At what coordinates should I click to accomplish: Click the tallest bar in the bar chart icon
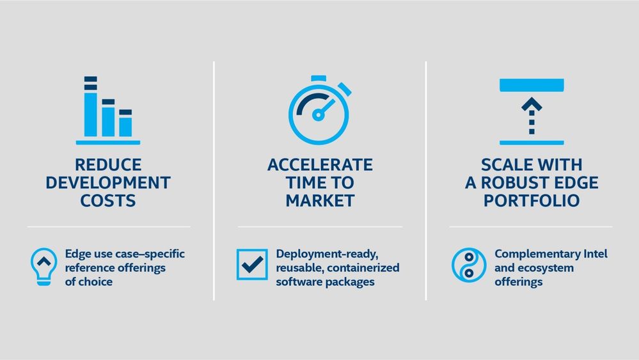click(x=90, y=106)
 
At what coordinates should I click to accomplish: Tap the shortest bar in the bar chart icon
click(x=125, y=123)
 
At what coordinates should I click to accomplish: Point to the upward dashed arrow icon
click(x=532, y=116)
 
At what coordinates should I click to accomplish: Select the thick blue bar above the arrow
click(x=532, y=85)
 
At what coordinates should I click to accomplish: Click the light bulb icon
click(x=43, y=267)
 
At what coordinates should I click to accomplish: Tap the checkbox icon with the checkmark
click(x=252, y=264)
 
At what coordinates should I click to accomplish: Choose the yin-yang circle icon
click(x=469, y=265)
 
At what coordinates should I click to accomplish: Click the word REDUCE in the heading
click(x=108, y=165)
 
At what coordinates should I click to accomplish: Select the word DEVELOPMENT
click(x=108, y=183)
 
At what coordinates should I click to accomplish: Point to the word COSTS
click(x=108, y=201)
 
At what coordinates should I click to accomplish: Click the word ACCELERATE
click(x=320, y=165)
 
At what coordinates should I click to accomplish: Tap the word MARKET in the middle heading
click(x=320, y=201)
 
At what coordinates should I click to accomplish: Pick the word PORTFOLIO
click(x=532, y=201)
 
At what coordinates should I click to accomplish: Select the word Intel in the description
click(x=596, y=254)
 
